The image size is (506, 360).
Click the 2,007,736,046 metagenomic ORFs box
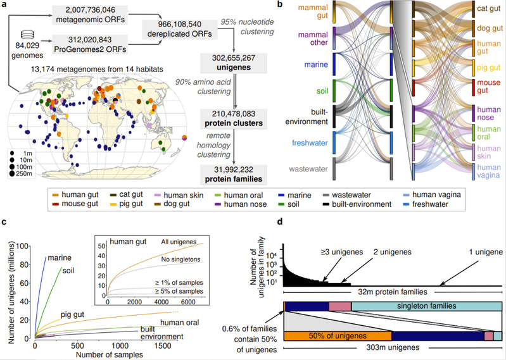[x=90, y=15]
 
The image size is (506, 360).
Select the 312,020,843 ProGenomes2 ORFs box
[x=90, y=44]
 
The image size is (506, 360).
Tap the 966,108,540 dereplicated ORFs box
[x=180, y=29]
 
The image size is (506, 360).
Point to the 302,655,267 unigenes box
[x=234, y=63]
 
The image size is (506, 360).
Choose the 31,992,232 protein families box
[x=234, y=175]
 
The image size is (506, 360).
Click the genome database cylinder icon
[x=27, y=34]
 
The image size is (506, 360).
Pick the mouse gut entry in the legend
[x=75, y=204]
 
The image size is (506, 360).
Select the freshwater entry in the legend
[x=427, y=204]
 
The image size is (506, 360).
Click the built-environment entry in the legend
[x=357, y=204]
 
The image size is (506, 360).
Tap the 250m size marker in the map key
[x=21, y=174]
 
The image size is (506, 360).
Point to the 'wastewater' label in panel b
[x=308, y=169]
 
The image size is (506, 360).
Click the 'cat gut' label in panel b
[x=489, y=8]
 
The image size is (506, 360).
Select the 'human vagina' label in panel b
[x=489, y=171]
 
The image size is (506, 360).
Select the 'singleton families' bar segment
[x=427, y=306]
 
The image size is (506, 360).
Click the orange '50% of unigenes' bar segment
[x=338, y=336]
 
